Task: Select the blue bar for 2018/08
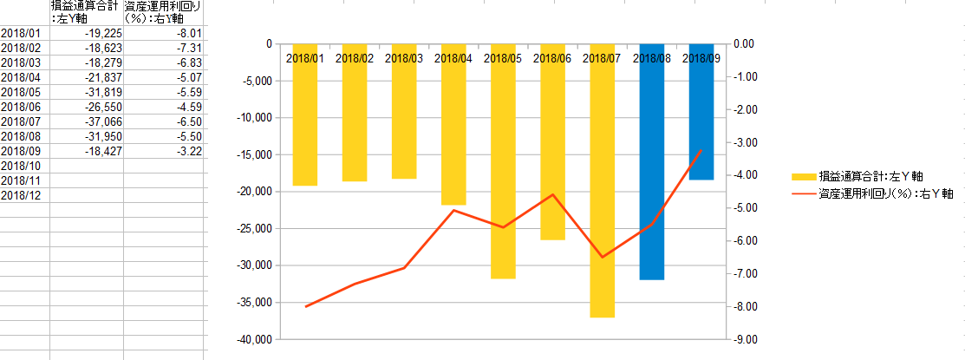(x=652, y=162)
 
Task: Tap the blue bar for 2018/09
(x=701, y=112)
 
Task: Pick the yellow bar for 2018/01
(x=304, y=115)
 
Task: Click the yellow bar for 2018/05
(x=503, y=161)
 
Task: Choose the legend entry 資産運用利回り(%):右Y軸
(x=873, y=194)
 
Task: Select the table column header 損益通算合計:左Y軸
(x=86, y=13)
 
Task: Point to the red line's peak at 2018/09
(x=701, y=149)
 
